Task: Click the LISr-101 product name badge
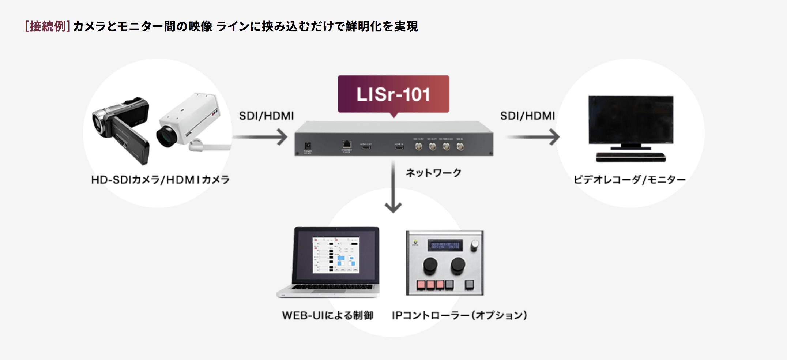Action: pos(393,94)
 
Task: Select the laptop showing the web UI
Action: pos(329,262)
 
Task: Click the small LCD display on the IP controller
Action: pos(445,245)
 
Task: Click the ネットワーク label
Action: pos(434,173)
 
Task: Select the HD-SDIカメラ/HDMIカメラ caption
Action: pos(160,180)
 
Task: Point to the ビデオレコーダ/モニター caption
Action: pos(629,180)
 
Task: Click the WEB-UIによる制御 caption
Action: pos(328,315)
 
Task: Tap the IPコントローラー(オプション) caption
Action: pos(459,315)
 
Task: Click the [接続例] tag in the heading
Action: pos(48,26)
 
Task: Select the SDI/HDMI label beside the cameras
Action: pos(266,116)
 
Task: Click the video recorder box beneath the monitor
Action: pos(631,157)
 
